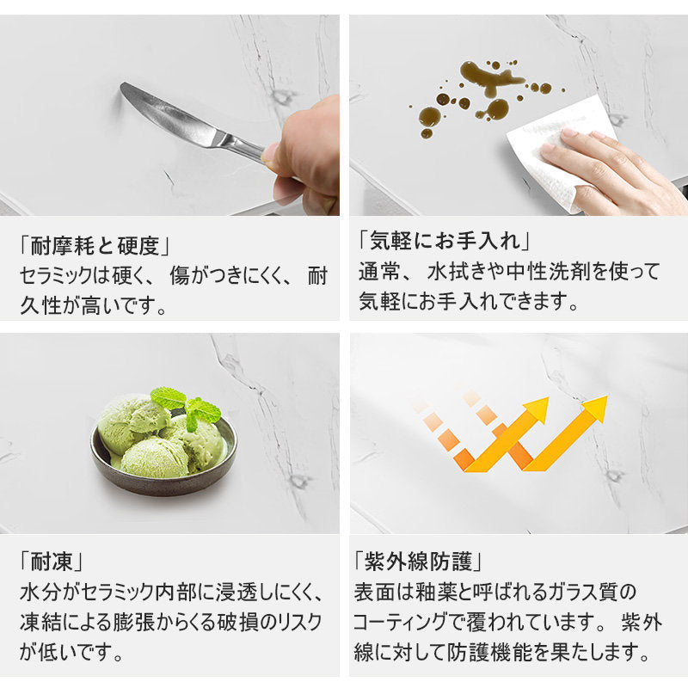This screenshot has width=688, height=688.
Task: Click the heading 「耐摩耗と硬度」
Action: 95,246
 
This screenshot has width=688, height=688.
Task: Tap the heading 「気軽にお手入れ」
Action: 444,241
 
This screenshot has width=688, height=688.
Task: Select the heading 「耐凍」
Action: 51,562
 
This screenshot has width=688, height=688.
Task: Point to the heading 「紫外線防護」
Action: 418,562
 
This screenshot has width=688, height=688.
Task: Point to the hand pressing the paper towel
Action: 614,169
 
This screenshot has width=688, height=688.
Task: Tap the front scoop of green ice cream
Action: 155,458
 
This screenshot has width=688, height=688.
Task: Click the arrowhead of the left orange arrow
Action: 537,409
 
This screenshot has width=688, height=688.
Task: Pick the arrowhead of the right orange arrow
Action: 596,408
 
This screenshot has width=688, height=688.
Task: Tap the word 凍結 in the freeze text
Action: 40,622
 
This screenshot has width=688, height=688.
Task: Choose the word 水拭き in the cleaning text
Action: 459,271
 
